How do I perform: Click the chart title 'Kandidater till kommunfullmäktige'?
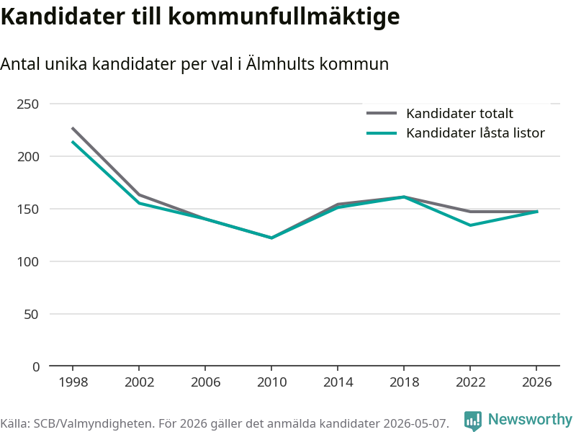click(x=200, y=17)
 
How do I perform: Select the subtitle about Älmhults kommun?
click(x=194, y=64)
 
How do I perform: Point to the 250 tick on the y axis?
click(x=27, y=104)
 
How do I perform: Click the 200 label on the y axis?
click(x=27, y=156)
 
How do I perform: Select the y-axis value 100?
click(x=27, y=261)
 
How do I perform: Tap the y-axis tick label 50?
click(x=31, y=314)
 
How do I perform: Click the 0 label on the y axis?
click(x=35, y=366)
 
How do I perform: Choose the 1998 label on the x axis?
click(x=73, y=382)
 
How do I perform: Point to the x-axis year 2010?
click(x=271, y=382)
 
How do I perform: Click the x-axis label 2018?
click(x=404, y=382)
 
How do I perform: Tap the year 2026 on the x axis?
click(x=536, y=382)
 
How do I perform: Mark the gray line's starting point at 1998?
click(x=73, y=128)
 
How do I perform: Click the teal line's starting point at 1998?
click(x=73, y=142)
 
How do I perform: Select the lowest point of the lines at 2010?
click(x=271, y=238)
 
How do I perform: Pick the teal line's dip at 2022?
click(x=470, y=225)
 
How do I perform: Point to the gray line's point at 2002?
click(x=139, y=194)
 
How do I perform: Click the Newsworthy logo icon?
click(x=473, y=420)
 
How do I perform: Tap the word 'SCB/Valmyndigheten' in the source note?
click(x=92, y=423)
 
